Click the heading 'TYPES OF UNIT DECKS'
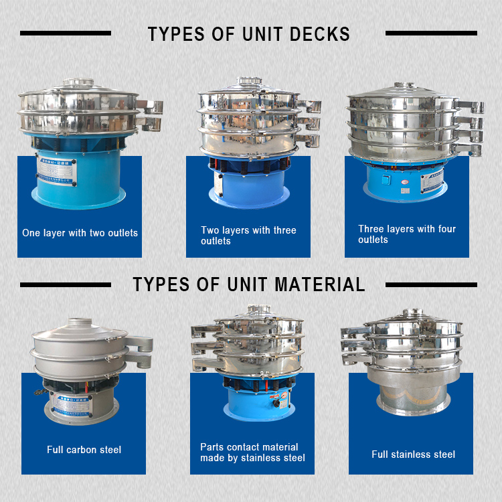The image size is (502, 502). (x=249, y=33)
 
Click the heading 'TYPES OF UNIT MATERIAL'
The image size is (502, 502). (x=249, y=284)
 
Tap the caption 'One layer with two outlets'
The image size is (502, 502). (x=80, y=233)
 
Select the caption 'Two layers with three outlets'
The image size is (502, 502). (x=248, y=236)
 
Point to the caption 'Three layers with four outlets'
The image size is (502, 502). (x=407, y=234)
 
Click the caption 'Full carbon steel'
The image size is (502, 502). (x=84, y=450)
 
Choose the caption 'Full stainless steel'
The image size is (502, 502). (x=413, y=454)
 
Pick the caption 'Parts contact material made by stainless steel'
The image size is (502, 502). (x=252, y=452)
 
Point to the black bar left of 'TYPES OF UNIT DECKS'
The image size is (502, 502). (x=66, y=33)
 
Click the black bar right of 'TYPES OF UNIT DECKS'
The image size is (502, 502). (x=432, y=33)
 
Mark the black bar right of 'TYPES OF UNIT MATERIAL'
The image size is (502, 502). (x=432, y=284)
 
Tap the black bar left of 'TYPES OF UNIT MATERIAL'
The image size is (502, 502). (x=64, y=284)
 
